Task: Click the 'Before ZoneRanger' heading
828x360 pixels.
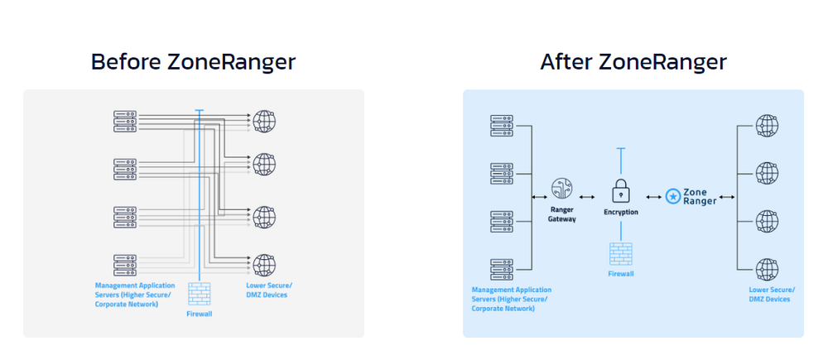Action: (193, 61)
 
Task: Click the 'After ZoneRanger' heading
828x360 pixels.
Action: (633, 61)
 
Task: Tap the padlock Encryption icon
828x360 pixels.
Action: (621, 193)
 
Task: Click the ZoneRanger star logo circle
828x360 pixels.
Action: (673, 196)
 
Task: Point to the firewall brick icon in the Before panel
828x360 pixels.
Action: (200, 293)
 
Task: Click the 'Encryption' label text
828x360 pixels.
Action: (621, 213)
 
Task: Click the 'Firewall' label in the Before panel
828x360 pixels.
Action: (200, 314)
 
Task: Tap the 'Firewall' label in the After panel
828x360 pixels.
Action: (621, 272)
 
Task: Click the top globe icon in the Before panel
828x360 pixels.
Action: (265, 121)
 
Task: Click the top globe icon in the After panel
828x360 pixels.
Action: (768, 126)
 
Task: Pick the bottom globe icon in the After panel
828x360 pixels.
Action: (768, 269)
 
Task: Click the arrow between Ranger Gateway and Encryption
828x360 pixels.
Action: (590, 196)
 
